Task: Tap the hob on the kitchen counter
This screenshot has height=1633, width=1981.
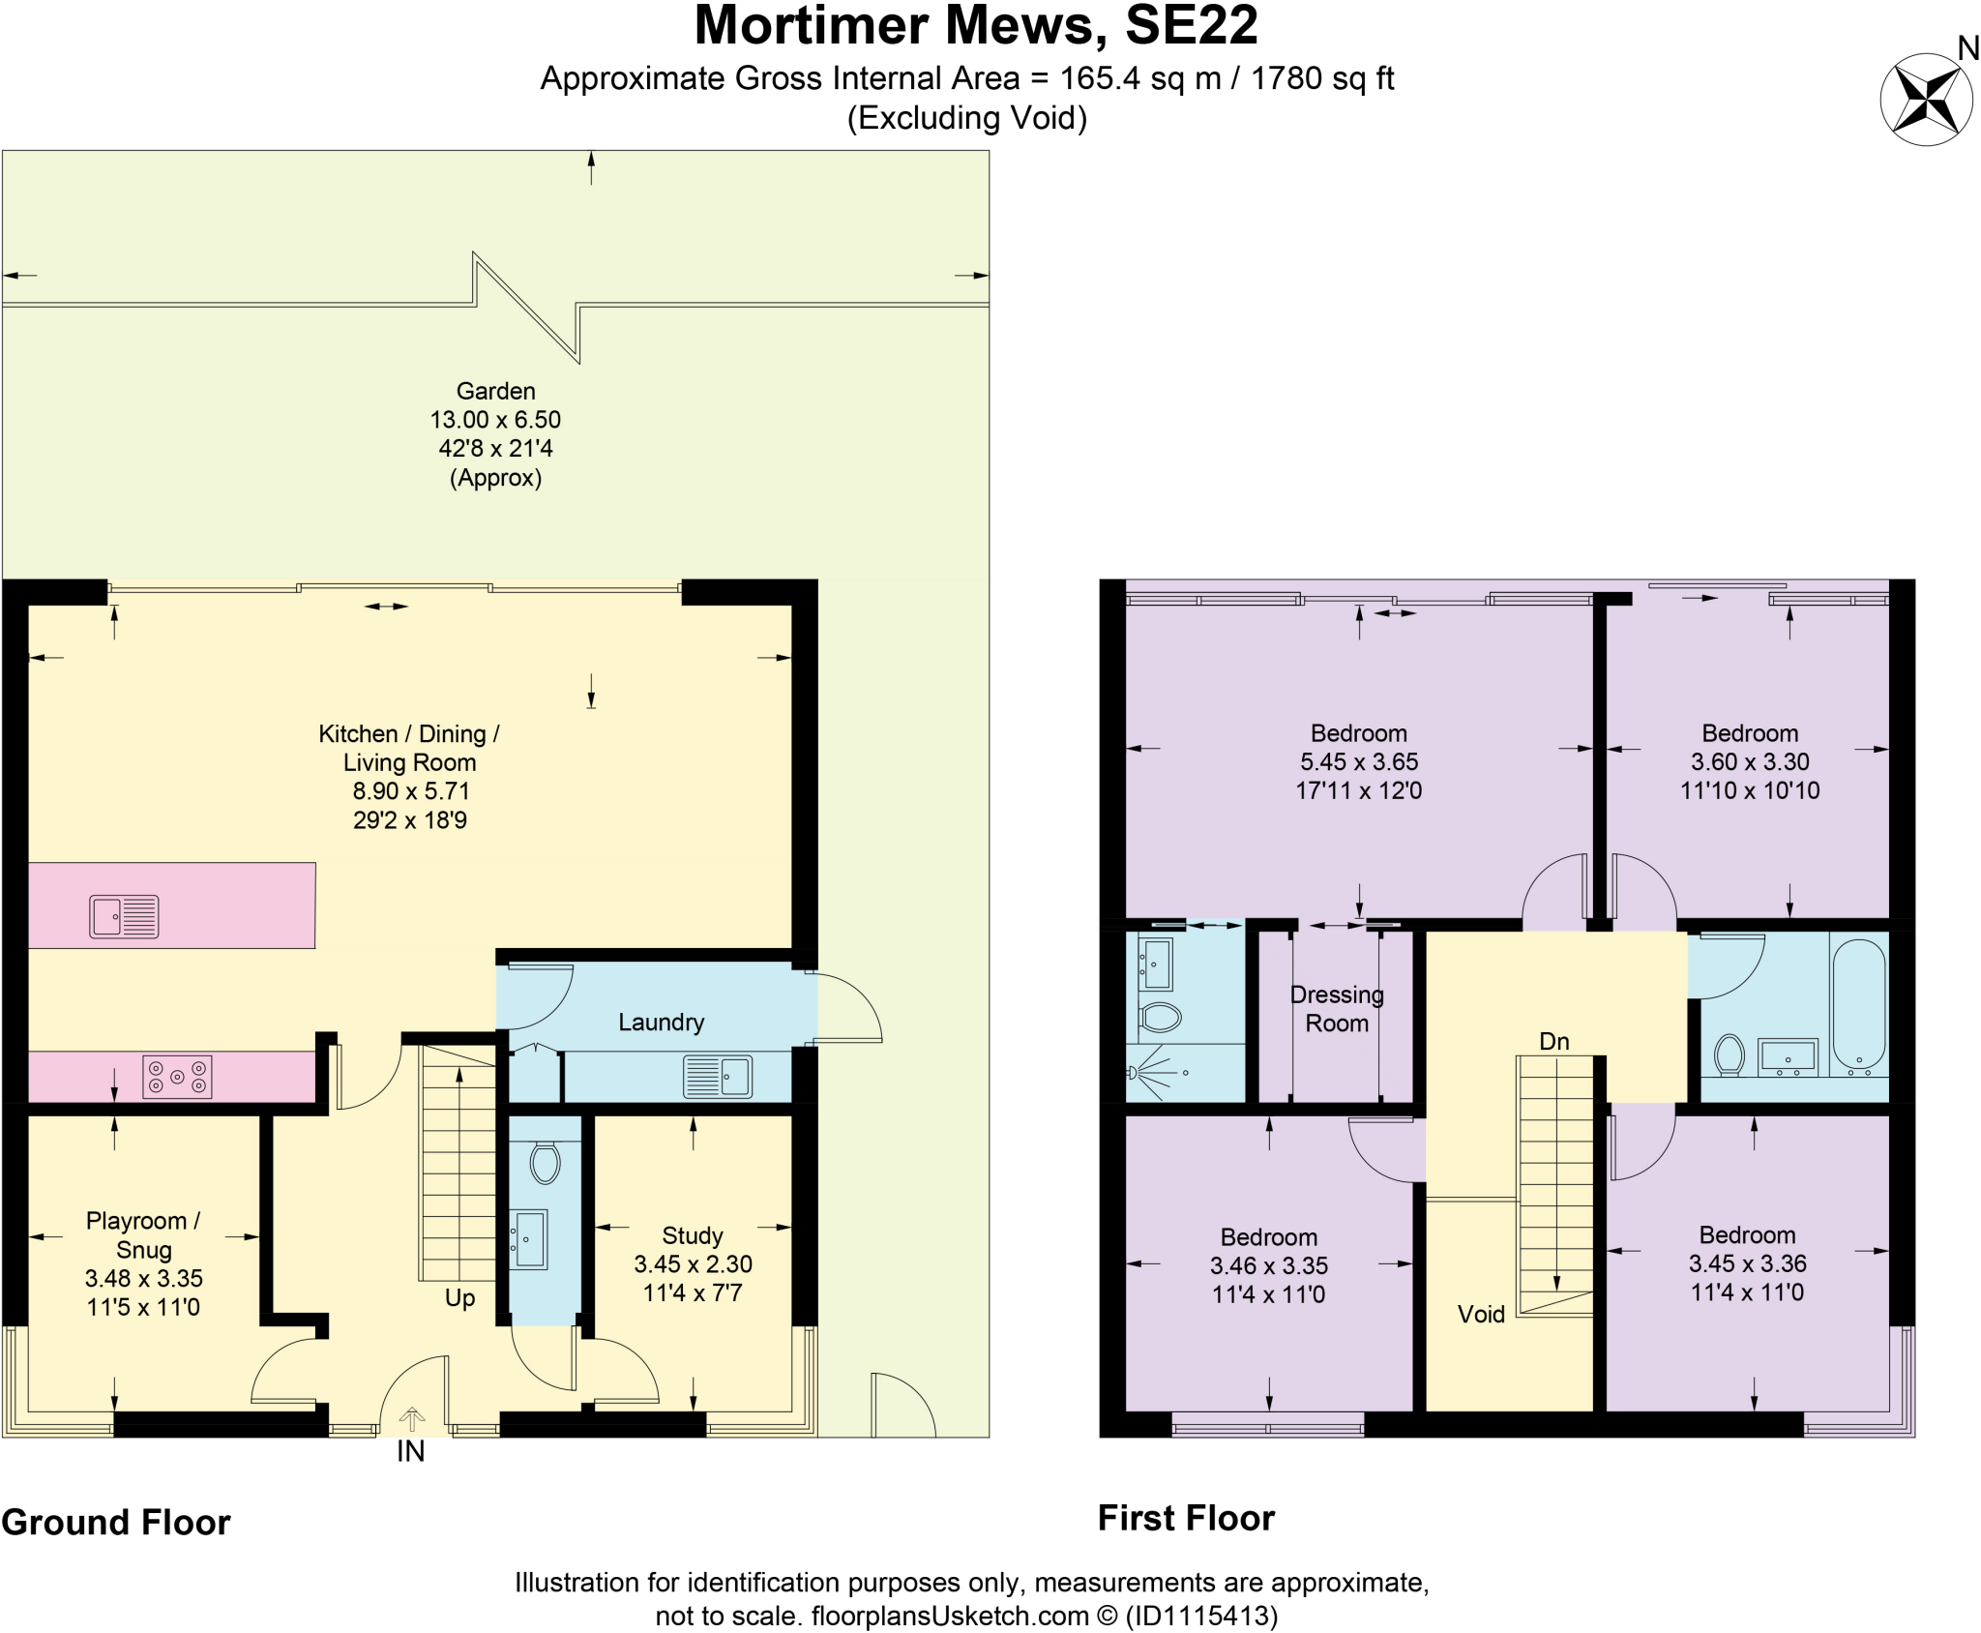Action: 177,1077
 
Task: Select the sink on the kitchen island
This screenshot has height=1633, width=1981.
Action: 124,916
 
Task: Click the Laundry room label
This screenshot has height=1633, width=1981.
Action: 661,1023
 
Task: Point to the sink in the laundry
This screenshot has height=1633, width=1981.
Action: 718,1076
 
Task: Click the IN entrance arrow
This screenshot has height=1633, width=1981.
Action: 411,1419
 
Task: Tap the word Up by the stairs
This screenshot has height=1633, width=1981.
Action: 459,1297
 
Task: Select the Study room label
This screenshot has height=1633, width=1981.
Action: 692,1235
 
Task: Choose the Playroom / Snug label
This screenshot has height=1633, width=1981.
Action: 143,1234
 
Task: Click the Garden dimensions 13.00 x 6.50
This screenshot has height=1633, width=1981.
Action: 495,420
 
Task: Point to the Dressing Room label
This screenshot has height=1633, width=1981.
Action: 1337,1009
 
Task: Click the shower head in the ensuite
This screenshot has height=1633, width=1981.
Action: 1134,1072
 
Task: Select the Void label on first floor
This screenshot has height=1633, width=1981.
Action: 1481,1314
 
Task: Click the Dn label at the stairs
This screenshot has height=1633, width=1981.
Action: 1553,1041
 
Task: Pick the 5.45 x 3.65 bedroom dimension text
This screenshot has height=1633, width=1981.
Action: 1358,761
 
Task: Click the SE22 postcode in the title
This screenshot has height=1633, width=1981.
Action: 1191,26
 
